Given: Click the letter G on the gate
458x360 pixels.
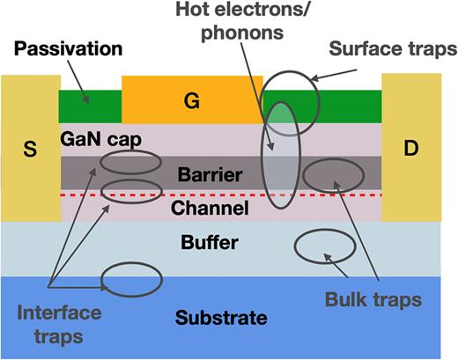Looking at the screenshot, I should (x=191, y=100).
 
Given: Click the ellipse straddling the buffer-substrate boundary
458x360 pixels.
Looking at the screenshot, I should (x=132, y=279).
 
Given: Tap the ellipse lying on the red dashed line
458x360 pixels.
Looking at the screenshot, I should (x=132, y=191).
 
